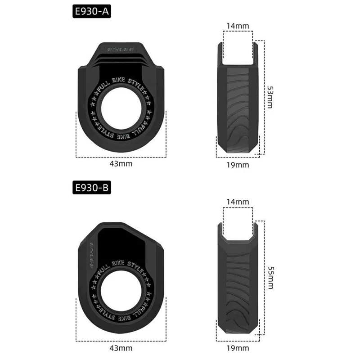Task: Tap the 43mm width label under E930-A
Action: (121, 164)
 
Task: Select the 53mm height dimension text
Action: (270, 97)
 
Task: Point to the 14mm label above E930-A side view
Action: (238, 26)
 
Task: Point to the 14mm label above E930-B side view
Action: (238, 202)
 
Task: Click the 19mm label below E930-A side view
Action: (238, 165)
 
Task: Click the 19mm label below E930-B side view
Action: (238, 348)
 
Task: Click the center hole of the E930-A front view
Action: (121, 110)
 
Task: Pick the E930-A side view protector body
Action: (238, 108)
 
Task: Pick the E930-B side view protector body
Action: (238, 288)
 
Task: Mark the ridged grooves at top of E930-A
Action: (121, 58)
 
